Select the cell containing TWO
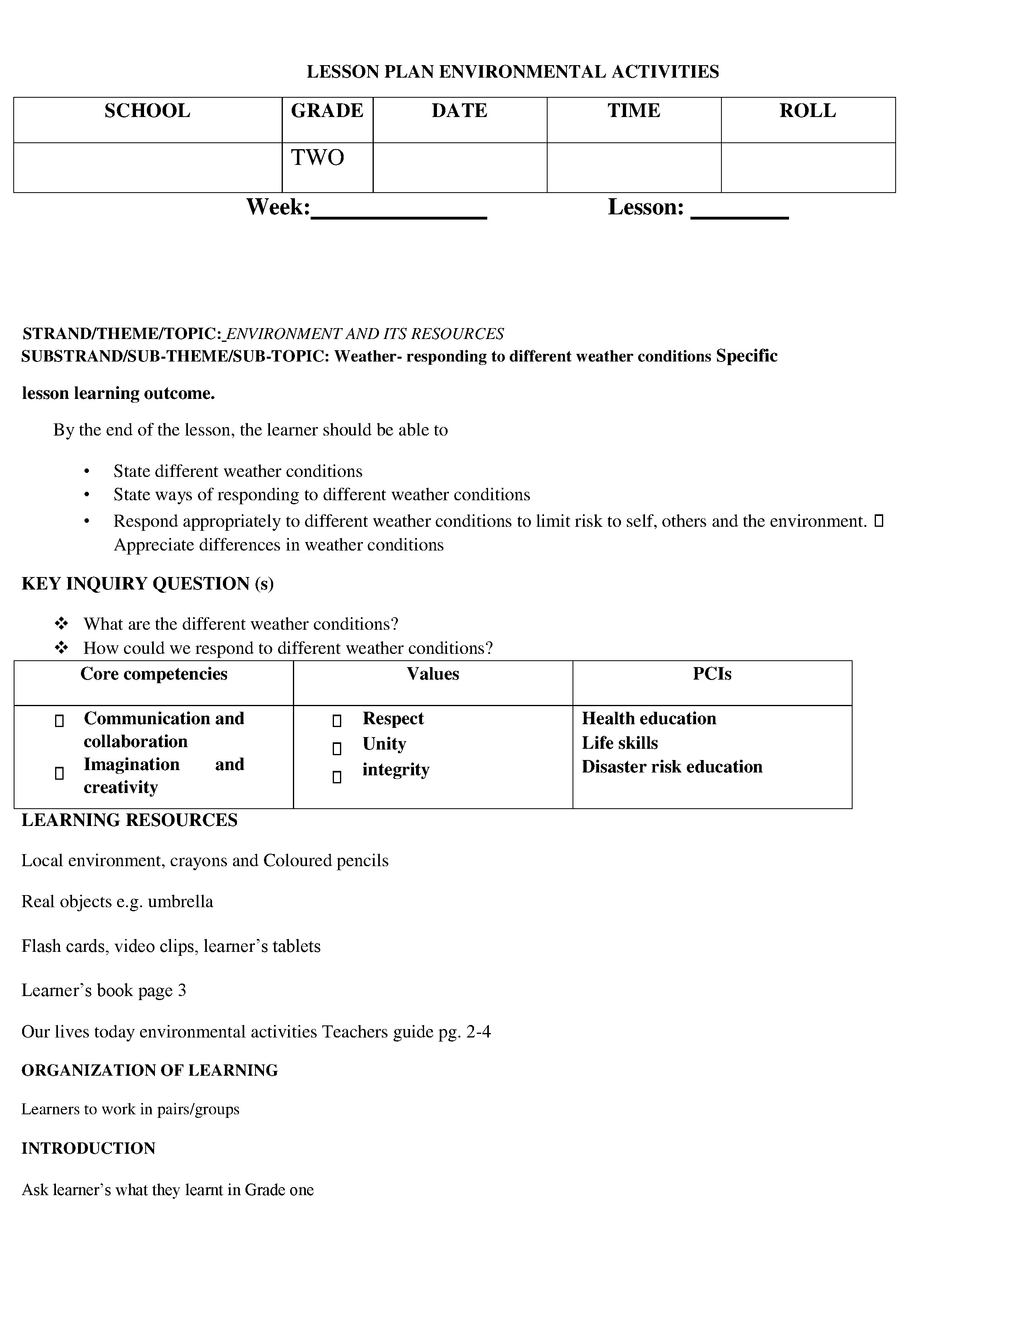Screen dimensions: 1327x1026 [x=318, y=158]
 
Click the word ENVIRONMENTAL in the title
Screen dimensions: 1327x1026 [x=522, y=72]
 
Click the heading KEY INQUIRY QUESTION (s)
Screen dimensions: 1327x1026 [x=148, y=583]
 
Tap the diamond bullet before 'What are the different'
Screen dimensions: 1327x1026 [x=62, y=623]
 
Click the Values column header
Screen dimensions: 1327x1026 [x=433, y=674]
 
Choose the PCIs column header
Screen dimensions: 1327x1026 [x=712, y=674]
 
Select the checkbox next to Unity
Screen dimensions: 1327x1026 [x=337, y=748]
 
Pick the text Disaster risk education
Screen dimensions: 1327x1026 [x=672, y=767]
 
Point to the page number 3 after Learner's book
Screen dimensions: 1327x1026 [x=182, y=990]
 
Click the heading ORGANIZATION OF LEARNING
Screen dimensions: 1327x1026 [x=150, y=1070]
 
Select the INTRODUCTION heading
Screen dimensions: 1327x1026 [x=88, y=1148]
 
